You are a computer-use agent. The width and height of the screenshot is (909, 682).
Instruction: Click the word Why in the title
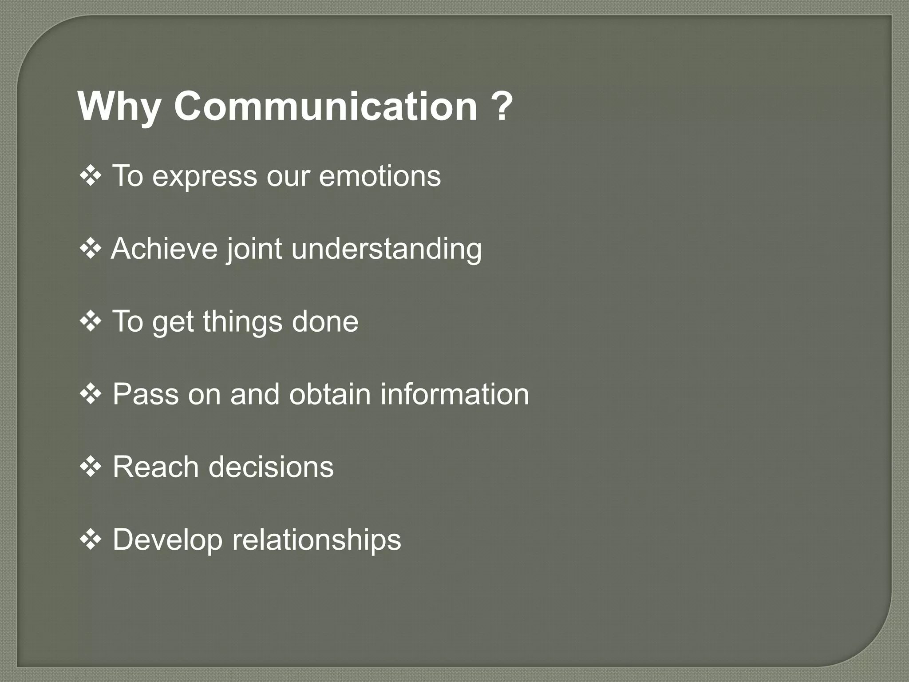tap(119, 107)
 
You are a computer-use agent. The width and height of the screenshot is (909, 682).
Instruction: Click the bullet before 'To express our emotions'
tap(91, 176)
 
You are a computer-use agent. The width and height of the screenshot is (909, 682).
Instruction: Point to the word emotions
tap(379, 176)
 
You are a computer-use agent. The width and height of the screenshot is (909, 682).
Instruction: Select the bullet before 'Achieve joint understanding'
tap(91, 249)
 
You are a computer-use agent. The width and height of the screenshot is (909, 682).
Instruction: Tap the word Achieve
tap(164, 248)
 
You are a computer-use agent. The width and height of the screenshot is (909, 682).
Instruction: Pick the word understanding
tap(386, 249)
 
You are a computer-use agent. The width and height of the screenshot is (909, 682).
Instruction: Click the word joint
tap(254, 249)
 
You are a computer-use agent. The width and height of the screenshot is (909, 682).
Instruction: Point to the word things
tap(242, 322)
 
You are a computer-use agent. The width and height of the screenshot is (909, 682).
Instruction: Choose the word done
tap(325, 321)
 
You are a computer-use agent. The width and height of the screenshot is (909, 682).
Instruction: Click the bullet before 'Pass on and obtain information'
tap(91, 394)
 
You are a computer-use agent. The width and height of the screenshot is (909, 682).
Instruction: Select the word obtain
tap(330, 394)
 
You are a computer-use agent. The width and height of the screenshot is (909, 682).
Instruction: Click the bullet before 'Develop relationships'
tap(91, 540)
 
